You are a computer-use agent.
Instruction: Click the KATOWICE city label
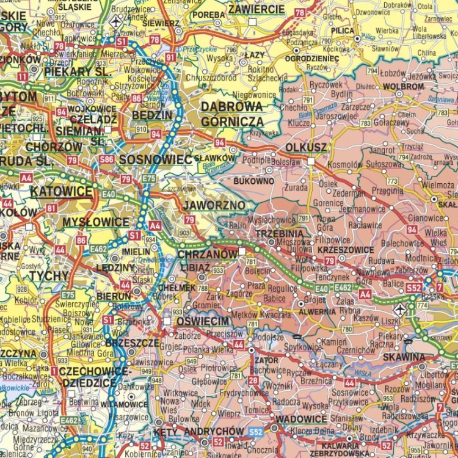(62, 192)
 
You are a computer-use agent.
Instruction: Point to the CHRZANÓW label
(208, 253)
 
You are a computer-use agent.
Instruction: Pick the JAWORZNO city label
(214, 205)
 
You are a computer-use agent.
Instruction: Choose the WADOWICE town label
(301, 420)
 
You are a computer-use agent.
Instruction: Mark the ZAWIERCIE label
(256, 9)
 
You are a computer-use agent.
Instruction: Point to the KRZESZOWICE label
(346, 250)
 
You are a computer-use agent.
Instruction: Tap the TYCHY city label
(49, 276)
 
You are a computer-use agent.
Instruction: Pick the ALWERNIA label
(317, 311)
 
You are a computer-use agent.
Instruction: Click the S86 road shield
(107, 159)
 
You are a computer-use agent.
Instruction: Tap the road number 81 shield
(51, 208)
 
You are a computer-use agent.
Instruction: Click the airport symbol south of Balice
(399, 310)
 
